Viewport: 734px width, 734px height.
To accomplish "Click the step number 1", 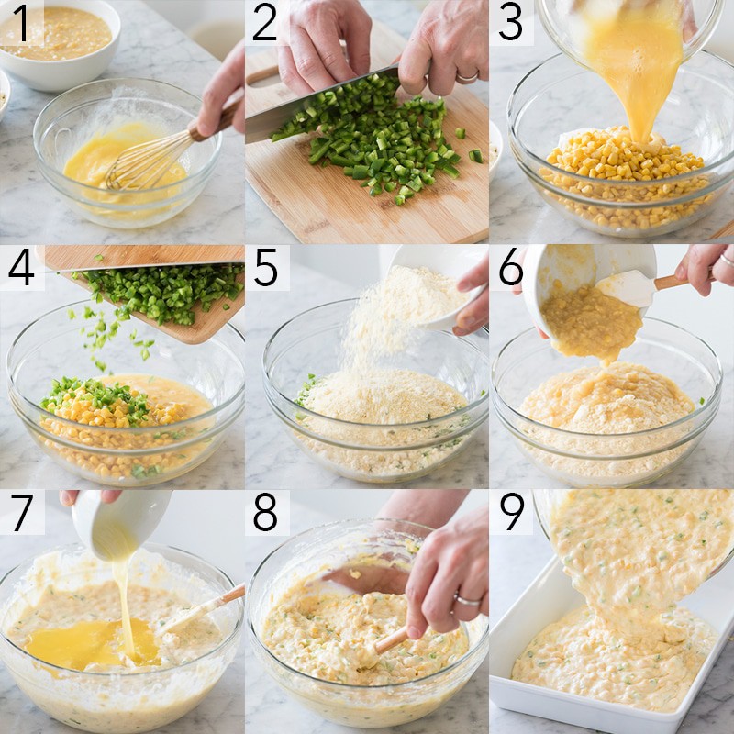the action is [21, 22].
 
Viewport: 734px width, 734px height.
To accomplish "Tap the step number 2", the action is [265, 22].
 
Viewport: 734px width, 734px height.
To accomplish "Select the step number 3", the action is [510, 22].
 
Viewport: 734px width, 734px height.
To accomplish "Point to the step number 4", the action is [21, 267].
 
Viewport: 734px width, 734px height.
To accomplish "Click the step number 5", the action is [266, 267].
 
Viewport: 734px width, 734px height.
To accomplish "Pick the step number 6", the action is [511, 267].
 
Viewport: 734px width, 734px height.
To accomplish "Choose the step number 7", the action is [22, 512].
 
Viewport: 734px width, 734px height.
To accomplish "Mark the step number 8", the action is [265, 512].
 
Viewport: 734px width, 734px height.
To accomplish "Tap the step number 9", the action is [512, 512].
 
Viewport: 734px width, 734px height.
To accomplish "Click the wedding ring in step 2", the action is [467, 77].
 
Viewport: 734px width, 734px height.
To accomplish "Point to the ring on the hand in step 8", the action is [468, 601].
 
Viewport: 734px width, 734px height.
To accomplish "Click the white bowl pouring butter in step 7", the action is [120, 523].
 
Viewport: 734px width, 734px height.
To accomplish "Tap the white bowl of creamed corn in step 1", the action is [58, 43].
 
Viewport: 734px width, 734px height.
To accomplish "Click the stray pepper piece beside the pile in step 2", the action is [475, 156].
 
